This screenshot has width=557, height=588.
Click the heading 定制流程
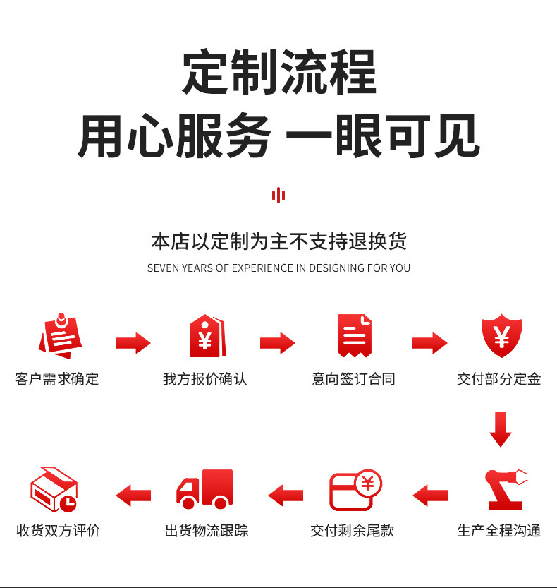coord(279,71)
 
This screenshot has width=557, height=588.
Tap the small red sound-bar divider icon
coord(278,196)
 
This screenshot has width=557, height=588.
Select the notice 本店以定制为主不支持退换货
coord(278,241)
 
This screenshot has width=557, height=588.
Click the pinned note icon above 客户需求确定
coord(61,335)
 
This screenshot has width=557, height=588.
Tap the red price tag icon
coord(207,335)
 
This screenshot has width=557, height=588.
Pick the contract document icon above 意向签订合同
coord(354,335)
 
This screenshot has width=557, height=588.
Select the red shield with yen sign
coord(501,335)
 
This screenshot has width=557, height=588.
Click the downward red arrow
coord(501,429)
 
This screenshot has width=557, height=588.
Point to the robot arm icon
coord(506,489)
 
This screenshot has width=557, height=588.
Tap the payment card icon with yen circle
coord(355,490)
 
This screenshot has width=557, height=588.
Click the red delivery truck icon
coord(205,489)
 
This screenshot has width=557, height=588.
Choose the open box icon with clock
coord(54,489)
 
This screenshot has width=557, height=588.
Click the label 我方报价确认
coord(205,379)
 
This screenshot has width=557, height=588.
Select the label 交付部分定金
coord(499,379)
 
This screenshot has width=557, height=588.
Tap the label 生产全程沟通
coord(499,531)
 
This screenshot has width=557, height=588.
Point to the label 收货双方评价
coord(58,531)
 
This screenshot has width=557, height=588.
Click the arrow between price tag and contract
coord(278,343)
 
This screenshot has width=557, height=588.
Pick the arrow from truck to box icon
coord(133,496)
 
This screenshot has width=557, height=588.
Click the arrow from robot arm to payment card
coord(430,496)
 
